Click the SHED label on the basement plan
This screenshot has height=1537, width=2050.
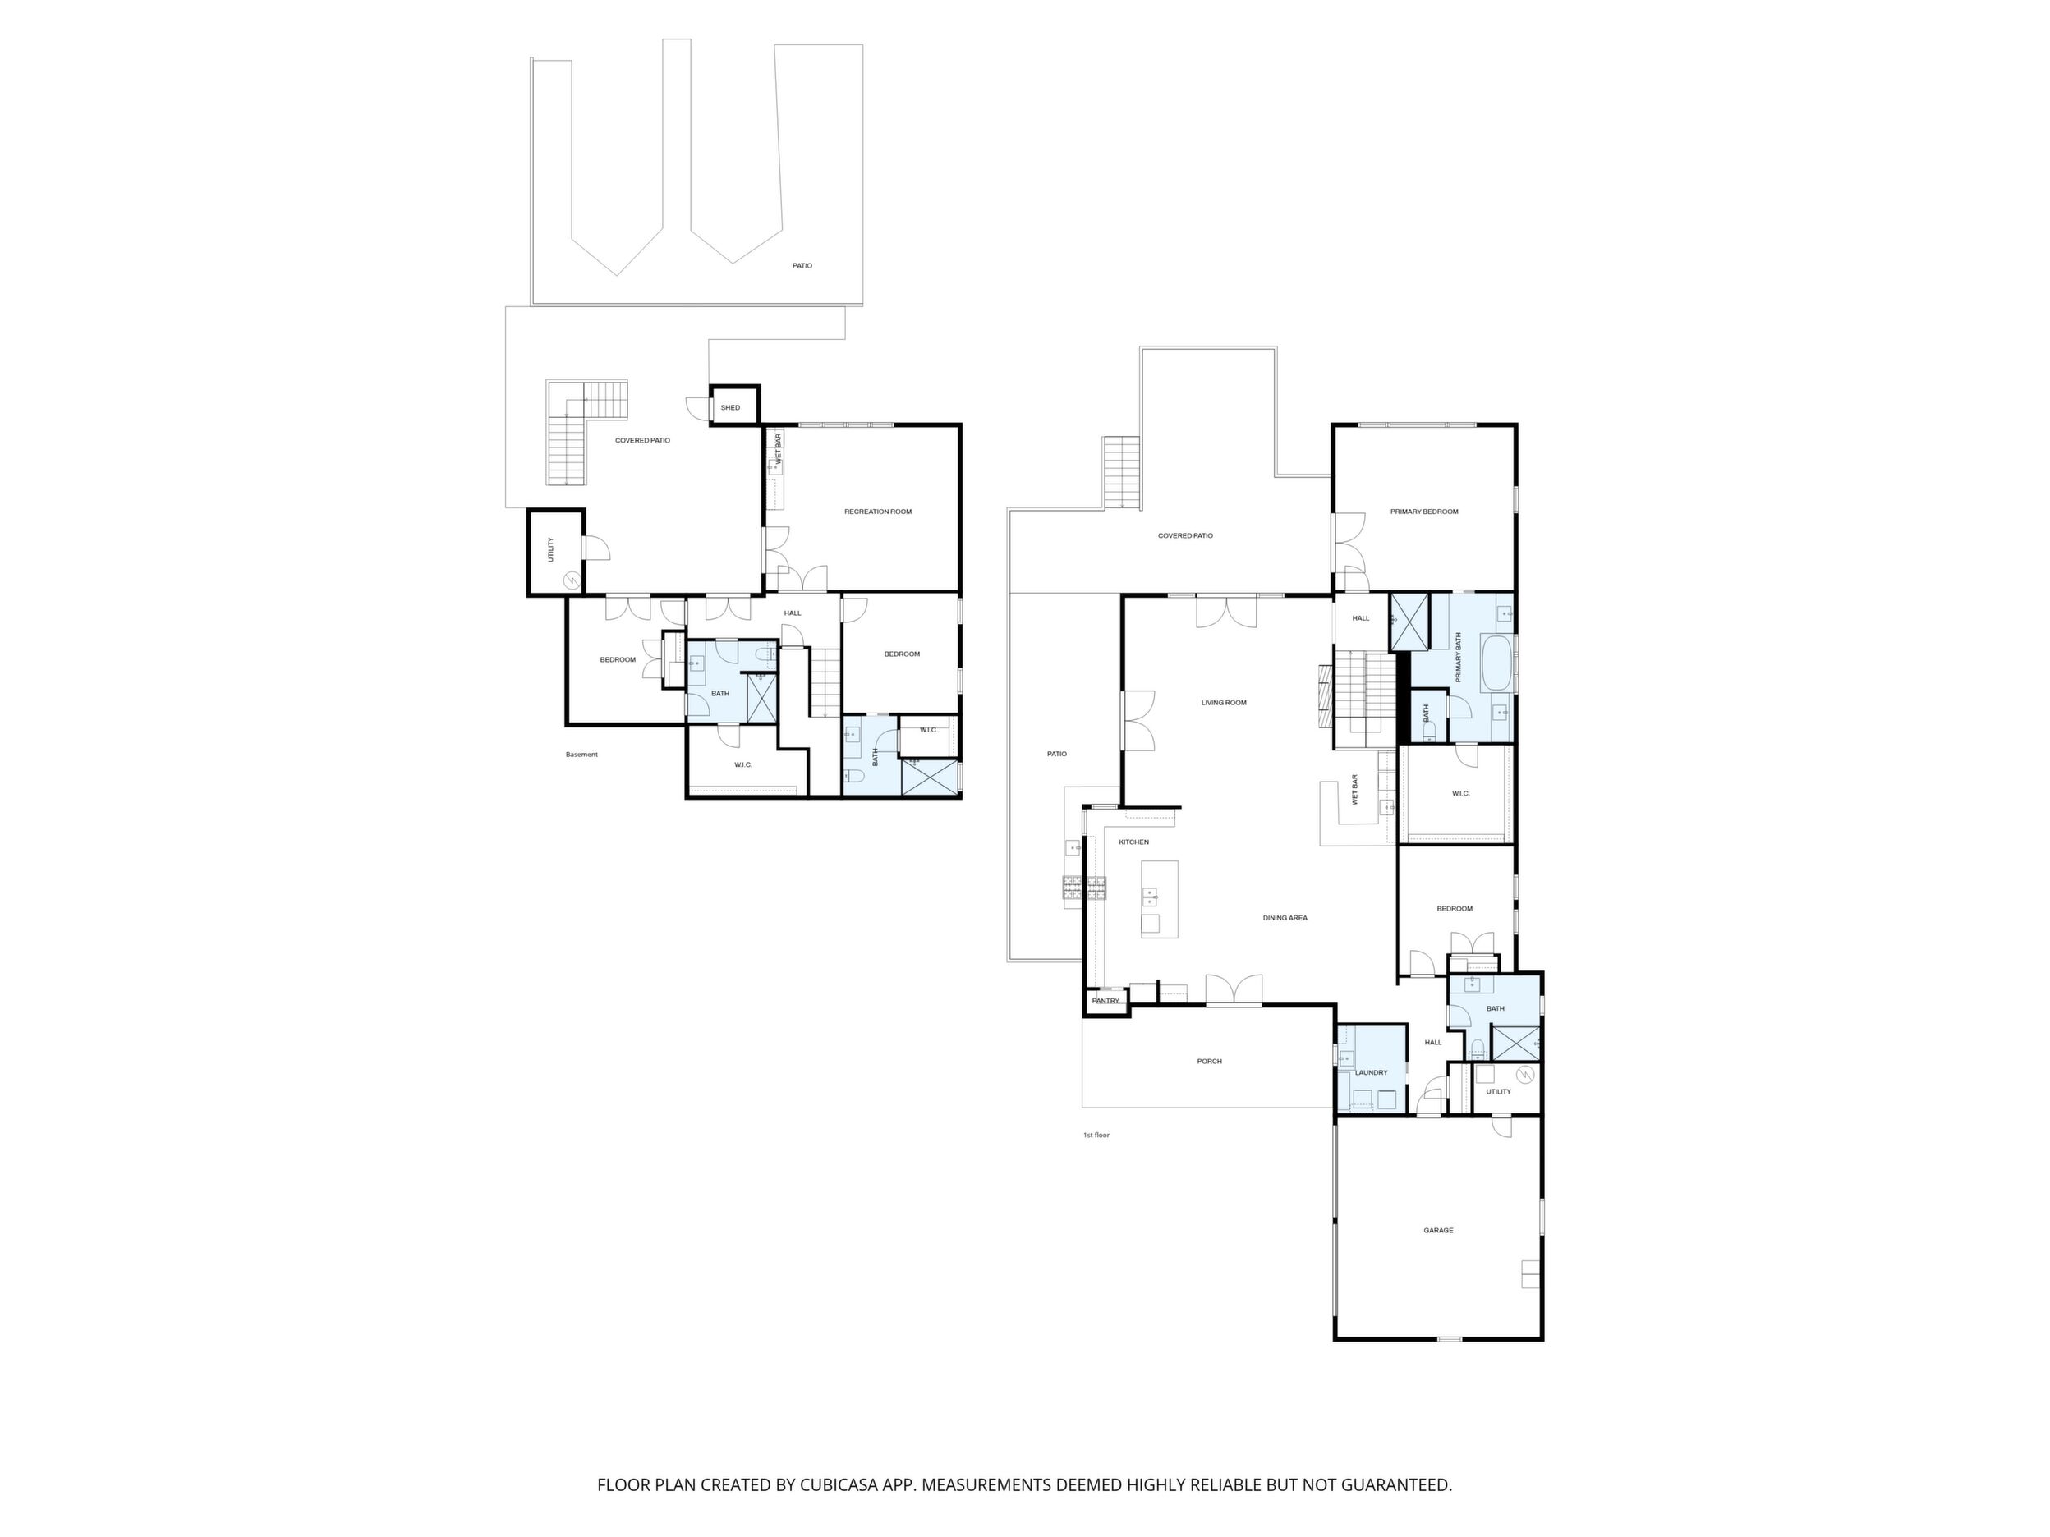(730, 407)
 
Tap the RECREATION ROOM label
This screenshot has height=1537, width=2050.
(878, 512)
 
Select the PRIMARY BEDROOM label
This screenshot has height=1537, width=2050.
(1423, 512)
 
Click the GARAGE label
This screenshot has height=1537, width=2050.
(1438, 1231)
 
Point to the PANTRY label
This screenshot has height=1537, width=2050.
(1105, 1001)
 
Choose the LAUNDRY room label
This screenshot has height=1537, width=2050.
(1372, 1073)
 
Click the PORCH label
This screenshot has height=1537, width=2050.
(1210, 1061)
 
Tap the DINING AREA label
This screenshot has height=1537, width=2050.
(1285, 918)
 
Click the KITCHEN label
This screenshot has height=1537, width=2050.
(1133, 842)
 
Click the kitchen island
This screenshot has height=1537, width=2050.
(1160, 899)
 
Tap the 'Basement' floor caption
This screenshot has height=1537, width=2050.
(581, 755)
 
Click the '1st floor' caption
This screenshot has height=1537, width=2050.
(1096, 1135)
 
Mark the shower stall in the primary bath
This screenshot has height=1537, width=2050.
(1409, 622)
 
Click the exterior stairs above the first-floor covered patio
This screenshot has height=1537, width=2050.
(1121, 472)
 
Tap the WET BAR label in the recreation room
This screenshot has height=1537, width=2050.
(779, 449)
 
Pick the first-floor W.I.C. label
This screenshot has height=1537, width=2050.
(1460, 793)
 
